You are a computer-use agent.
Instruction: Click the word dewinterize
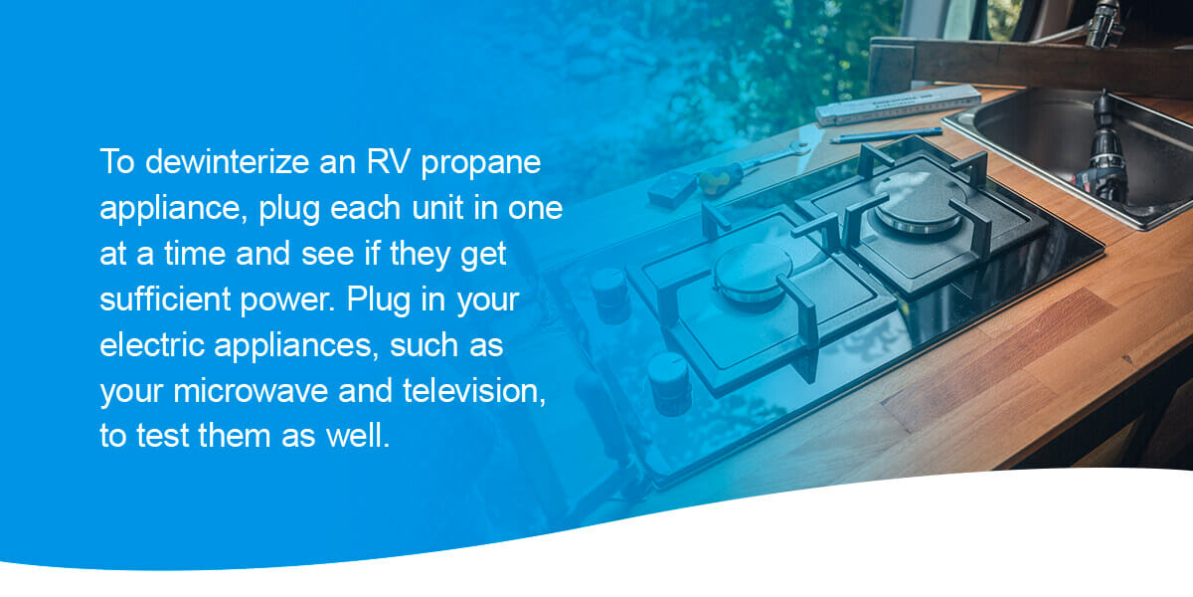coord(228,161)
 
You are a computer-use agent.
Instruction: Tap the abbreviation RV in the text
coord(389,161)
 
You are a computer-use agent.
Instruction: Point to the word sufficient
coord(165,299)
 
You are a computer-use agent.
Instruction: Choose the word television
coord(474,391)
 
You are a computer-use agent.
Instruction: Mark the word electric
coord(152,345)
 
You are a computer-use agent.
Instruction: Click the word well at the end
coord(358,436)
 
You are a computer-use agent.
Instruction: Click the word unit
coord(437,207)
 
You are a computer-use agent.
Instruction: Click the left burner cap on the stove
coord(754,271)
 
